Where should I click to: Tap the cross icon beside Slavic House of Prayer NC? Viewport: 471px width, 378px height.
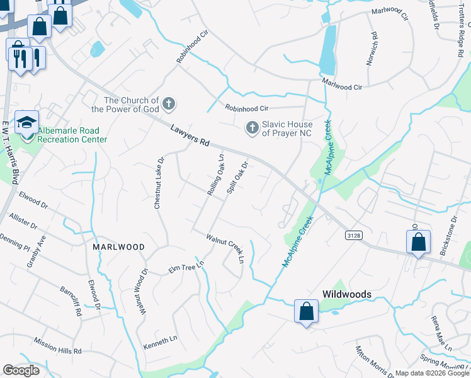(252, 128)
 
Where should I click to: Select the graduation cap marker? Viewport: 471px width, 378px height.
(27, 122)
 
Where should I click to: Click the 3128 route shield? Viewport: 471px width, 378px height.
(353, 235)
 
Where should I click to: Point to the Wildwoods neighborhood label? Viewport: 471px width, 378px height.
(346, 294)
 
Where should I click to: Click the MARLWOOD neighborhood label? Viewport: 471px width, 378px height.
(118, 247)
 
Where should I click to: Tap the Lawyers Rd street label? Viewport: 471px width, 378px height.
(190, 135)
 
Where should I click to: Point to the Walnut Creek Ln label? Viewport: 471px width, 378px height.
(225, 248)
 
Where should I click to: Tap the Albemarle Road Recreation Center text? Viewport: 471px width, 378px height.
(72, 135)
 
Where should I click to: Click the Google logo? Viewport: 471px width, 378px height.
(21, 370)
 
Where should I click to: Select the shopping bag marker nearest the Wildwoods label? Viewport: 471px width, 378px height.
(306, 311)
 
